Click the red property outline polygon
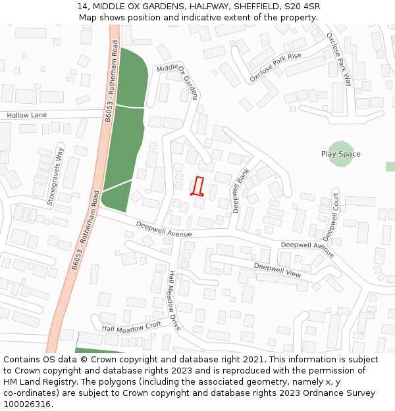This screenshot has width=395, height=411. [x=198, y=187]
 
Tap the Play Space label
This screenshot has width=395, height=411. [x=340, y=155]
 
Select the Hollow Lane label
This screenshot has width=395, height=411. [x=27, y=115]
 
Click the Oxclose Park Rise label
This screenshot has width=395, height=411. [x=275, y=67]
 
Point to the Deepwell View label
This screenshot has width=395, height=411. [x=277, y=269]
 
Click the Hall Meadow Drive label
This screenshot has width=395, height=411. [x=174, y=301]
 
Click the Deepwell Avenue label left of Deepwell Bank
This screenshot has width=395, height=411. [x=164, y=228]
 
